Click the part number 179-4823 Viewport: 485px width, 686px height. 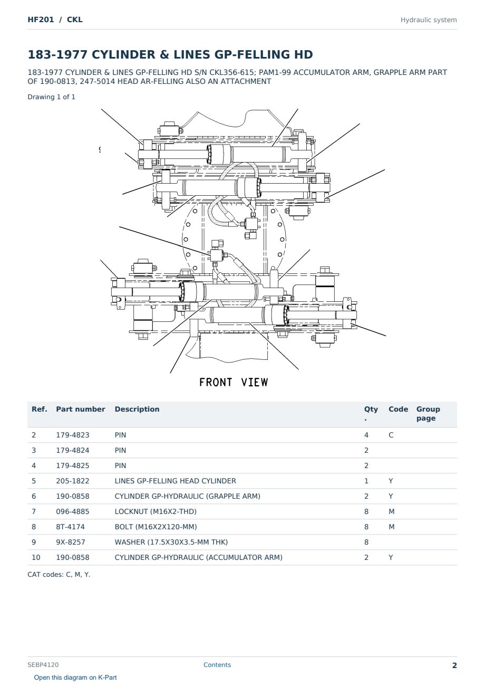click(73, 435)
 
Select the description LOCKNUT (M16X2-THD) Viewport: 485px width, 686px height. click(156, 511)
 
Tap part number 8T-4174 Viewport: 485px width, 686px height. click(71, 527)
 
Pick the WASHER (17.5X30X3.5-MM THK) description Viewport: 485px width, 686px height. click(171, 542)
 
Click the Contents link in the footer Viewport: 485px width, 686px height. click(217, 664)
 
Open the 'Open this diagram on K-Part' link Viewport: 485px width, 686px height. click(75, 678)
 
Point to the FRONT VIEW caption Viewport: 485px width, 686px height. click(234, 383)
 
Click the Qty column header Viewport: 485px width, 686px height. click(371, 413)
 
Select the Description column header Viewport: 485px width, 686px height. click(137, 409)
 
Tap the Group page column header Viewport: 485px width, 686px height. click(428, 413)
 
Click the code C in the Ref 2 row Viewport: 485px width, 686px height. click(391, 435)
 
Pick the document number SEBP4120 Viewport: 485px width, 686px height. click(43, 664)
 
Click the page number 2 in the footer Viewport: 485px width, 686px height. click(454, 665)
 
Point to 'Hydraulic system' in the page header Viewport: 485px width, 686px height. click(429, 20)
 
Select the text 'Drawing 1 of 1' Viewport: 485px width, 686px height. click(52, 97)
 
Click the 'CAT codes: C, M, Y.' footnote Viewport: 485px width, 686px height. click(59, 575)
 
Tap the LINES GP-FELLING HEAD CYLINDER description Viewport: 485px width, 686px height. click(176, 481)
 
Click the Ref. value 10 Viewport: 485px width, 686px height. click(36, 557)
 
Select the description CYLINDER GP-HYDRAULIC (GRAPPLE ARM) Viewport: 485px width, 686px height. click(188, 496)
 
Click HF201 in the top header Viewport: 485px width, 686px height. click(41, 20)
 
